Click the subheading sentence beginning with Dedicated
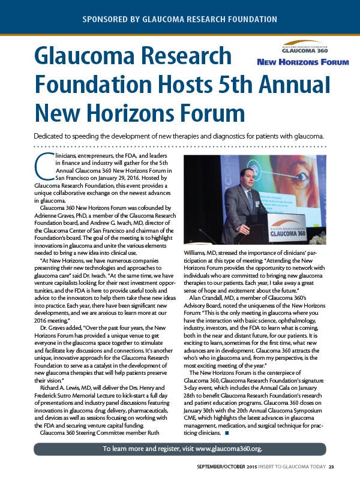point(180,136)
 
